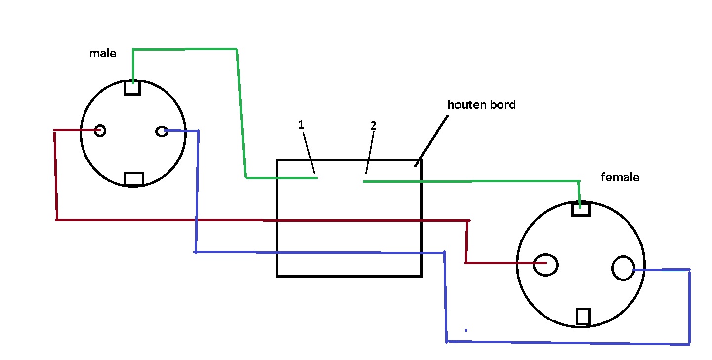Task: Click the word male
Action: click(x=103, y=53)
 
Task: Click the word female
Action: click(x=620, y=177)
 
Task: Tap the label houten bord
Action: click(x=481, y=105)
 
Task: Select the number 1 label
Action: click(x=301, y=124)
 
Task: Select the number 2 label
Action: click(x=373, y=125)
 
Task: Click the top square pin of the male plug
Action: click(x=132, y=87)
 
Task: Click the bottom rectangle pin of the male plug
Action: click(x=134, y=179)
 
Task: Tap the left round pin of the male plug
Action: click(x=100, y=130)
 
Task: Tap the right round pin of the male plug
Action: click(x=162, y=131)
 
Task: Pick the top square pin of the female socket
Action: click(x=581, y=209)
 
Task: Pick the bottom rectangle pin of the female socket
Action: click(x=583, y=317)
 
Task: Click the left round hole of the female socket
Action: click(x=545, y=265)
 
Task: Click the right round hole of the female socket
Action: click(x=624, y=268)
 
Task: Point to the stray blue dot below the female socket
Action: click(x=466, y=330)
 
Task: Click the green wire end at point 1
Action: click(x=316, y=178)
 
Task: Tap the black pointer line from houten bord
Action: click(x=431, y=141)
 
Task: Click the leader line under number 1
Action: click(x=309, y=154)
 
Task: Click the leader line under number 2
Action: click(x=370, y=153)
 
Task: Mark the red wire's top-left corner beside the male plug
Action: click(x=55, y=130)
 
